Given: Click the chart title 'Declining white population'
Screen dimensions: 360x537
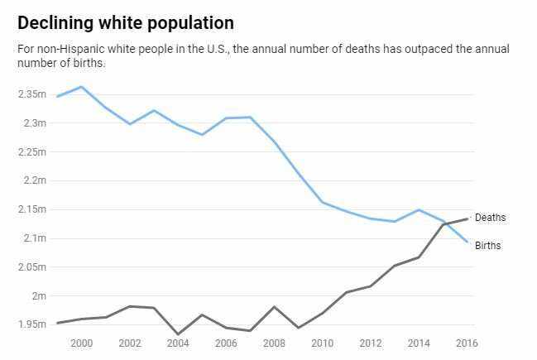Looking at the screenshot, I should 125,22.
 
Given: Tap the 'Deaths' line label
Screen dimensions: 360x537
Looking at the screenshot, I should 490,218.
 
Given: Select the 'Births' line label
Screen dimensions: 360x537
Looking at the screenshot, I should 488,246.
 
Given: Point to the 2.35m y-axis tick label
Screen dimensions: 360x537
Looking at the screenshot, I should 31,94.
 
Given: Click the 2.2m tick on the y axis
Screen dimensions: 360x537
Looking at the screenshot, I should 34,180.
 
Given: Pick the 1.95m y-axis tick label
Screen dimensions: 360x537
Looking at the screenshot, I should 31,324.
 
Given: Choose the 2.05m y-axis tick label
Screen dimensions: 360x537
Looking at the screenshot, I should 31,266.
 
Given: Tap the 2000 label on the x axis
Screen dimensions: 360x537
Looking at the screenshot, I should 81,343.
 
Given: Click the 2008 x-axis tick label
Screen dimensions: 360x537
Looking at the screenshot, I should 273,343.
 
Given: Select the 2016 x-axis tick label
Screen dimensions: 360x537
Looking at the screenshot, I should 466,343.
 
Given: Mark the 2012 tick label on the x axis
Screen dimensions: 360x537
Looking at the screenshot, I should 370,343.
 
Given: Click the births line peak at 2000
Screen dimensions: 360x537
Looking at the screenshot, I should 81,86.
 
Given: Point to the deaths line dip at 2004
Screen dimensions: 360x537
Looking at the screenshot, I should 177,334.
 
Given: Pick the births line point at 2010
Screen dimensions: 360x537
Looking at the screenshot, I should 322,202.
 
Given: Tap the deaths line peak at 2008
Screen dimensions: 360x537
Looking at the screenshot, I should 273,307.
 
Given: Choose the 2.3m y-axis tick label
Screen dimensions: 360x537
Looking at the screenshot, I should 34,123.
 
